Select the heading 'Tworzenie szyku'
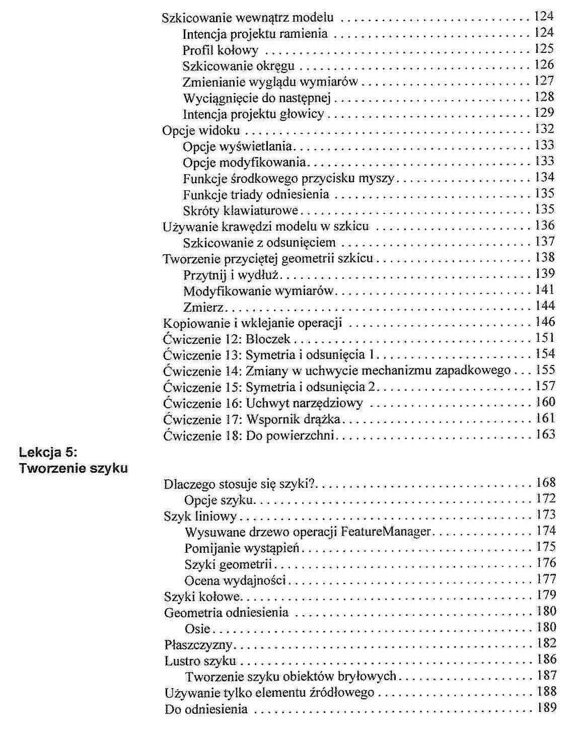click(x=74, y=468)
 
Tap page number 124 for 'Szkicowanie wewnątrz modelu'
click(x=544, y=16)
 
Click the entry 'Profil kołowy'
click(x=221, y=50)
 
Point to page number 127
click(x=544, y=81)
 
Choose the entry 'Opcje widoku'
click(x=201, y=131)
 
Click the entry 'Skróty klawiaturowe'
click(x=241, y=210)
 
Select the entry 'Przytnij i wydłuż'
click(x=232, y=275)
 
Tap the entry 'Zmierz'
click(x=203, y=307)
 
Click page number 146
click(x=545, y=322)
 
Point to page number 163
click(x=545, y=434)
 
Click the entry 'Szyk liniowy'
click(x=200, y=517)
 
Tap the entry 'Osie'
click(x=197, y=629)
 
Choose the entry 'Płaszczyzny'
click(x=198, y=645)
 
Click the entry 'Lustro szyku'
click(x=200, y=661)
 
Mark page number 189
click(x=546, y=707)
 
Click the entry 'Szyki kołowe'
click(x=202, y=597)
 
